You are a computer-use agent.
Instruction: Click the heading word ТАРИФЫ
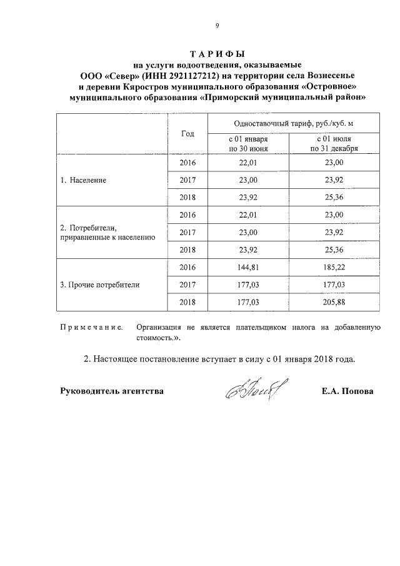click(216, 53)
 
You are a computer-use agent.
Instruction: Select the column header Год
click(187, 134)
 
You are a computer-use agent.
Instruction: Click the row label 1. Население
click(83, 180)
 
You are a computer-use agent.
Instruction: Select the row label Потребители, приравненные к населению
click(107, 232)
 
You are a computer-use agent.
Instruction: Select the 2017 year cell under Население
click(187, 180)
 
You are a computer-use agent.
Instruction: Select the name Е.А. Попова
click(347, 392)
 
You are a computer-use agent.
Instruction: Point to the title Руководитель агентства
click(112, 392)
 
